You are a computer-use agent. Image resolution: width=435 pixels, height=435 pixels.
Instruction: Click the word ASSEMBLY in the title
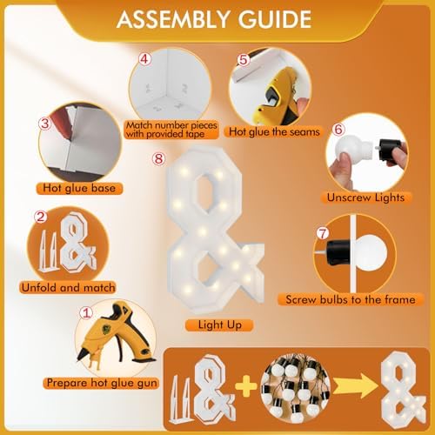[173, 19]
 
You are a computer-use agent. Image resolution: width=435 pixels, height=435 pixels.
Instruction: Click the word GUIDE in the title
[275, 19]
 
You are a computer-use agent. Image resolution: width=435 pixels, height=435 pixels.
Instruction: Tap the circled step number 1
[86, 313]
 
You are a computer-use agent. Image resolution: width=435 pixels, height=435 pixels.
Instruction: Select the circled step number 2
[41, 217]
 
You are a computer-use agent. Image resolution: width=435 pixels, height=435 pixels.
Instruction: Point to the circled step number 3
[45, 124]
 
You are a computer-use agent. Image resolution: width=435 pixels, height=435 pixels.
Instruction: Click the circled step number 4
[144, 59]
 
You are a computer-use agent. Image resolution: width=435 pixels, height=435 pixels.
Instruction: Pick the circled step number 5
[244, 60]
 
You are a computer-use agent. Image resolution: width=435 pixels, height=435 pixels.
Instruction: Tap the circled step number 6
[338, 130]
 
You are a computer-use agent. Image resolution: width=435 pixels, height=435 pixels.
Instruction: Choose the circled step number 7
[323, 234]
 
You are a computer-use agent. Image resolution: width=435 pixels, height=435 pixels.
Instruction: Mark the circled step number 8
[159, 158]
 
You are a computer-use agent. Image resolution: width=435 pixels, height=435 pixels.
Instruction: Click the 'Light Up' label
[219, 325]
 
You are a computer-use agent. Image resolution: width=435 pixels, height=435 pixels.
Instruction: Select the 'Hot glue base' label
[79, 188]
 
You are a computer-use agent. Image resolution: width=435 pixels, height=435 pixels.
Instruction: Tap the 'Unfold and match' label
[68, 288]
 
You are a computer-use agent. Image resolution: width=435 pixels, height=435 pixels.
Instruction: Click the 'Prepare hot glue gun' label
[102, 383]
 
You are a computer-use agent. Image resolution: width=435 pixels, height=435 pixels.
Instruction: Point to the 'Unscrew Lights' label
[365, 197]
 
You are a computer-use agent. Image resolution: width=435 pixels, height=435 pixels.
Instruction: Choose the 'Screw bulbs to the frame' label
[351, 299]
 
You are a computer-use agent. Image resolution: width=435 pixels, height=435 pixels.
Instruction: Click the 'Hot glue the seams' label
[274, 132]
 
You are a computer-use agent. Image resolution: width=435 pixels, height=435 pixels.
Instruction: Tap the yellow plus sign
[246, 386]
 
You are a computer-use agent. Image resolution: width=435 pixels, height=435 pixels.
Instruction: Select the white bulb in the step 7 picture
[371, 253]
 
